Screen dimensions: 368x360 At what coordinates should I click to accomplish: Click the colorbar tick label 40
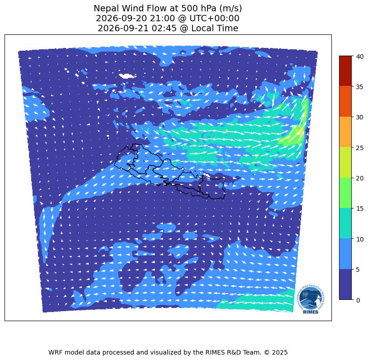click(x=359, y=57)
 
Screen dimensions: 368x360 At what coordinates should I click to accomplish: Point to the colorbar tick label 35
click(x=359, y=87)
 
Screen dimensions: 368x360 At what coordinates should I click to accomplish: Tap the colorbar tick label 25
click(x=359, y=148)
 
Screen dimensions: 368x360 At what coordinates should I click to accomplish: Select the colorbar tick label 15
click(x=359, y=208)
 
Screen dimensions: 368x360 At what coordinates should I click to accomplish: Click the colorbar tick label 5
click(x=358, y=270)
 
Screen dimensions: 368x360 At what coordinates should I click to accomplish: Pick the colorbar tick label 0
click(x=358, y=300)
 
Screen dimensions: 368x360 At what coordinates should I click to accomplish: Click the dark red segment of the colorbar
click(x=345, y=71)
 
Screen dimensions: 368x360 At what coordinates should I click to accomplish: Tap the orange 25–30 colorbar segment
click(x=345, y=132)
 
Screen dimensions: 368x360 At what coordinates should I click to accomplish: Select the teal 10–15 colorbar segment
click(x=345, y=223)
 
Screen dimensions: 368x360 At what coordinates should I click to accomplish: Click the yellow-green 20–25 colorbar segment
click(x=345, y=162)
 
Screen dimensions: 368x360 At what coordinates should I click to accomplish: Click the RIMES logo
click(x=311, y=299)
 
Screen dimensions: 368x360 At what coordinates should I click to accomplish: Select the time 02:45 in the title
click(x=164, y=28)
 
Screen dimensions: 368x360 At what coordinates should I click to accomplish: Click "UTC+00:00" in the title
click(x=214, y=19)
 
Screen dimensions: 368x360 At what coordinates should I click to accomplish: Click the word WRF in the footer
click(x=56, y=352)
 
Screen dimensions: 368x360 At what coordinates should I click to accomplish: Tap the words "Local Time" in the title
click(x=215, y=28)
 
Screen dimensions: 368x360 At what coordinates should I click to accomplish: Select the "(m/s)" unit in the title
click(x=230, y=9)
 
